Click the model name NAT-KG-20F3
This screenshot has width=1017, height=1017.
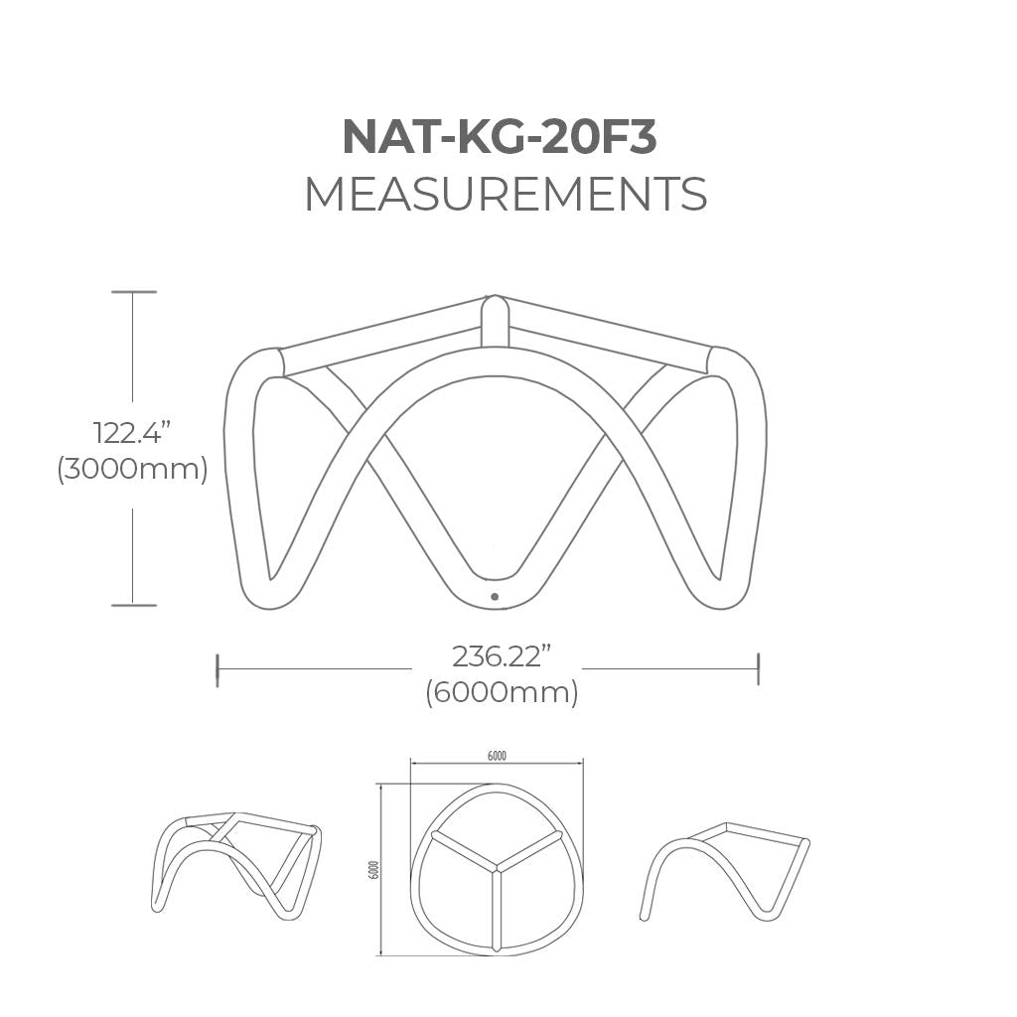tap(500, 137)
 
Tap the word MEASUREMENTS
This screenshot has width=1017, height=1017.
tap(506, 194)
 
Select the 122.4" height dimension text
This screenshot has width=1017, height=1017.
tap(132, 433)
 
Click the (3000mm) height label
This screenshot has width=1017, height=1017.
tap(132, 469)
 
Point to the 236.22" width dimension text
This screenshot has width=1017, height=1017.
tap(501, 656)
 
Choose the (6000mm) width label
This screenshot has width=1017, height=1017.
tap(502, 692)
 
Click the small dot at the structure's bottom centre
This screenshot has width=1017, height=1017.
tap(495, 597)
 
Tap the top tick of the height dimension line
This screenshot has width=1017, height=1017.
tap(134, 292)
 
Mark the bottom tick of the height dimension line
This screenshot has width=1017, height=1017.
tap(134, 605)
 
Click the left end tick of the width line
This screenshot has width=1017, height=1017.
tap(218, 669)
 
